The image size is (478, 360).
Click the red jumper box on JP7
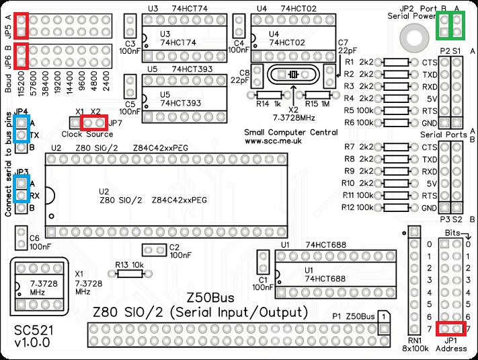[93, 122]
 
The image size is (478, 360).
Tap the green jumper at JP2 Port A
[457, 26]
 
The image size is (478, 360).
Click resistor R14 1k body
[269, 95]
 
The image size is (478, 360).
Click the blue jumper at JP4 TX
[22, 128]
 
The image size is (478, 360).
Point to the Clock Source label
[83, 135]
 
